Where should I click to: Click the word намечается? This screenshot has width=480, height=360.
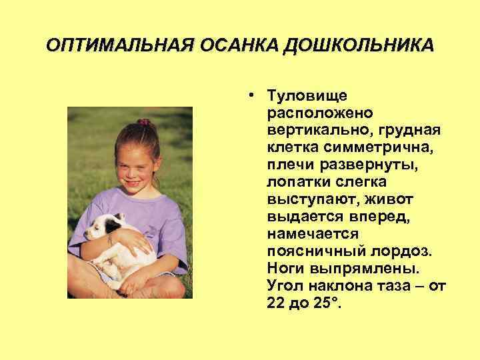[313, 233]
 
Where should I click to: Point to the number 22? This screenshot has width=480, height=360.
[277, 303]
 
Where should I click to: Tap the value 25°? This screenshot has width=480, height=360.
[326, 303]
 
